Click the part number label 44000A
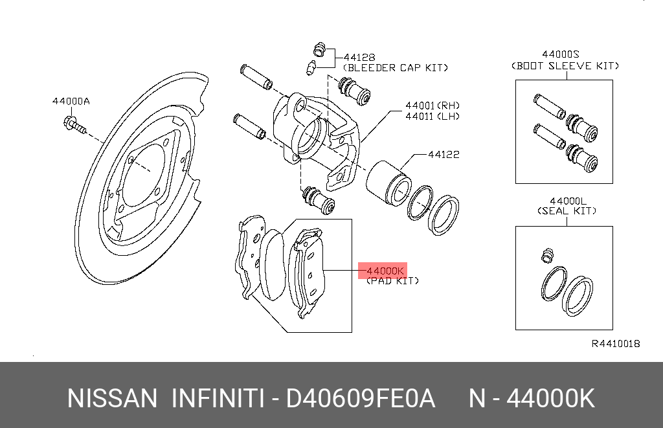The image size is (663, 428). (71, 101)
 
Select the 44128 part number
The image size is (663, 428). (359, 57)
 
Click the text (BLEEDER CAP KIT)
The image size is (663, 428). (396, 68)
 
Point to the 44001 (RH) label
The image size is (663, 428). (433, 106)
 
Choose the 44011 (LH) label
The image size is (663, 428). (433, 116)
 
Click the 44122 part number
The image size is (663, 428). (444, 154)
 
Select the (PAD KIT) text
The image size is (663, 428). (392, 281)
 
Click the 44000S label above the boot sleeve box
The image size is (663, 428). (561, 54)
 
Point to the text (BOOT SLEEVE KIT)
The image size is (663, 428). (565, 65)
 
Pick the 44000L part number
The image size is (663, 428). (568, 201)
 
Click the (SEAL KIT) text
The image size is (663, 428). (567, 210)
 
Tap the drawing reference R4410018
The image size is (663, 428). (616, 343)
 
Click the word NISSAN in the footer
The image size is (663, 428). (112, 398)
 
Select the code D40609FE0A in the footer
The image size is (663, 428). (361, 398)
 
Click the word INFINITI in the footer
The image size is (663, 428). (218, 398)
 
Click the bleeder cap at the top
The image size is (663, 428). (320, 50)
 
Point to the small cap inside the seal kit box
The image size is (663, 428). (548, 256)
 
